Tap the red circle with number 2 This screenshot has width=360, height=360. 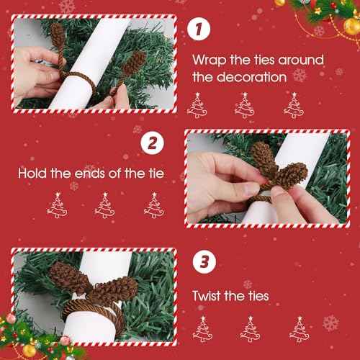153,142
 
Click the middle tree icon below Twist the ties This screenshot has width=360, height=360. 250,329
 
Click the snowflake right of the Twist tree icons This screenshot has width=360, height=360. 330,322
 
